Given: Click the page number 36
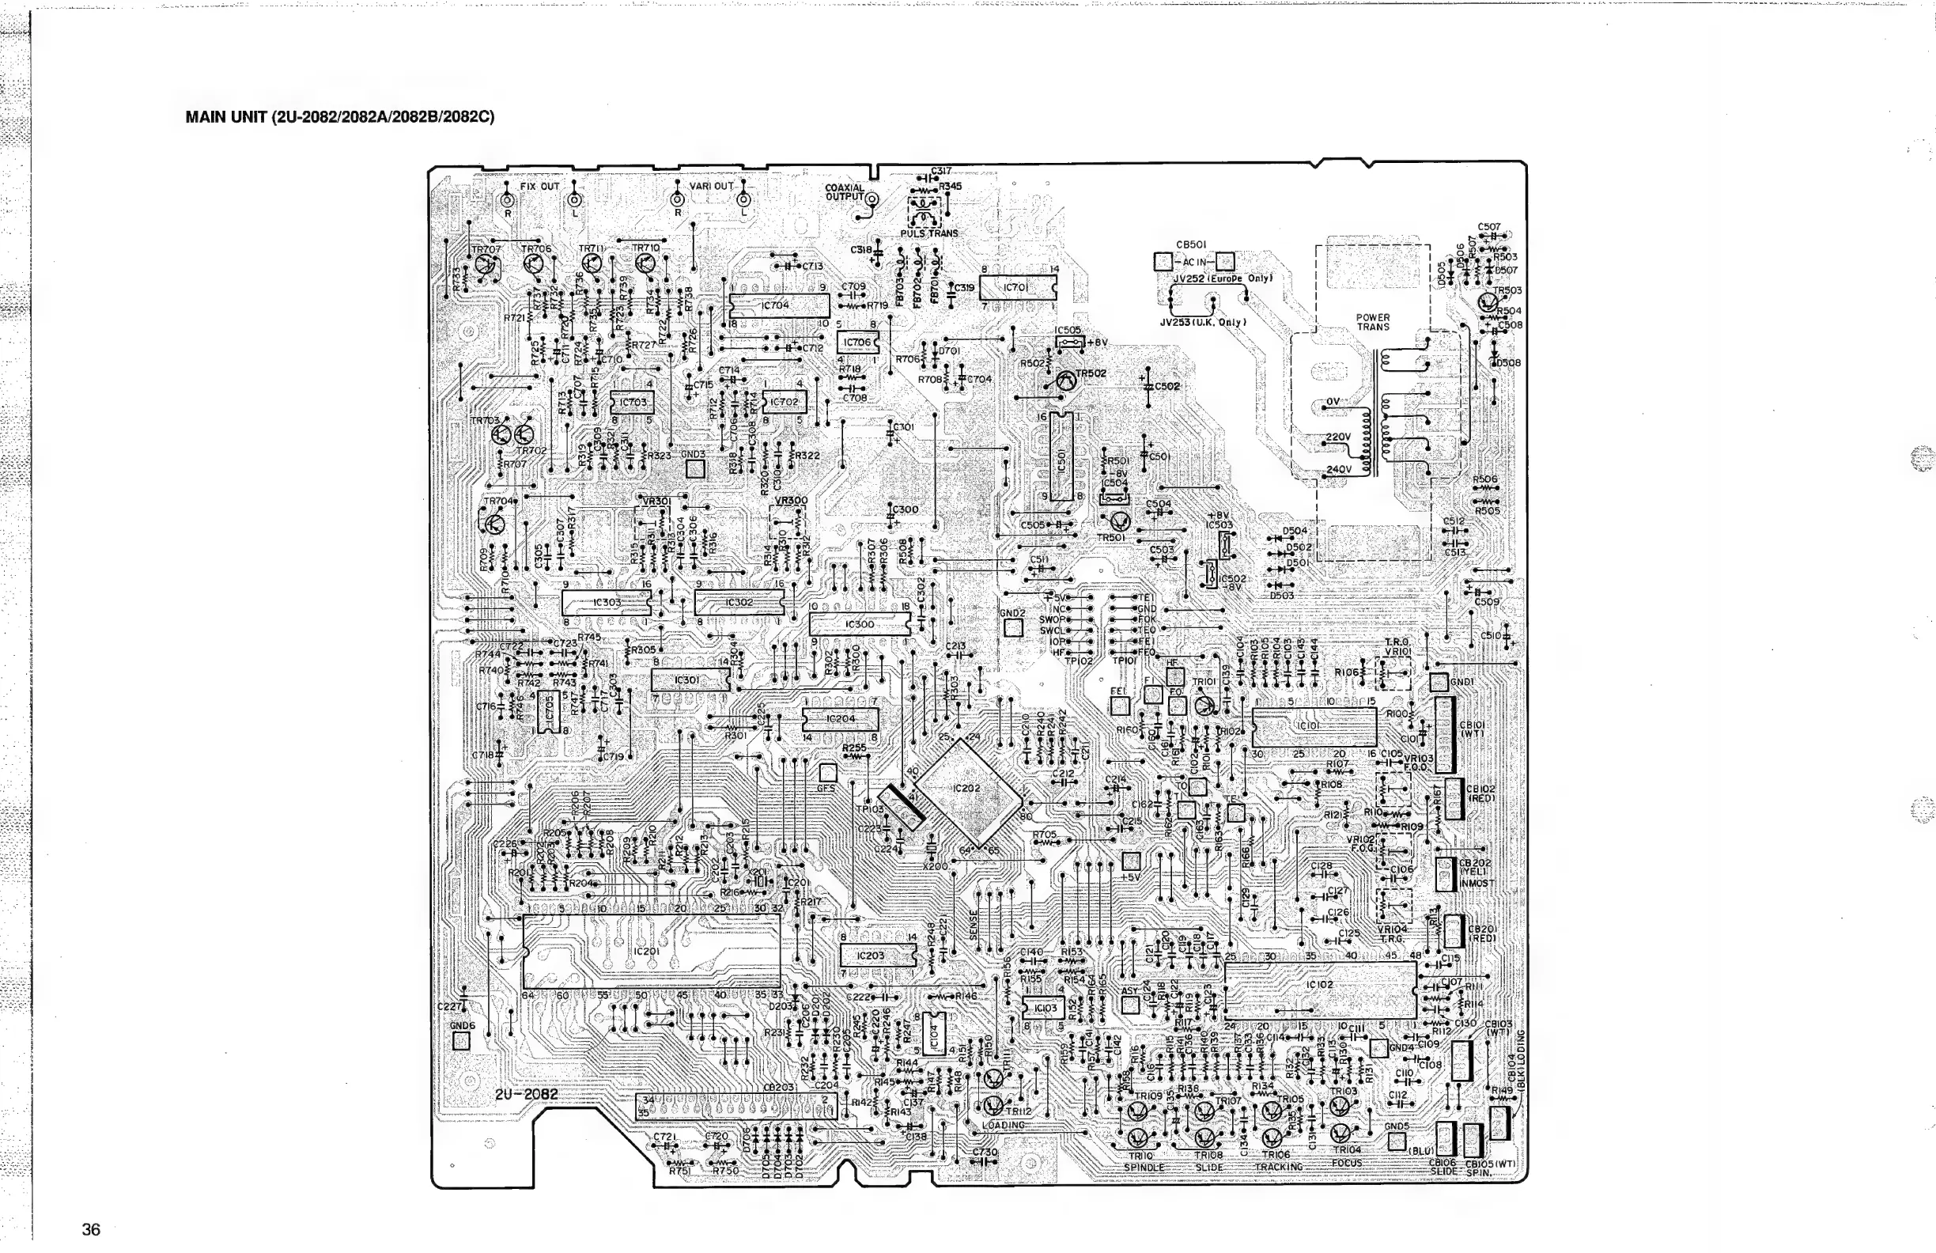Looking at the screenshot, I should click(x=91, y=1229).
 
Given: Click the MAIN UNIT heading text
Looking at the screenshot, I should click(x=339, y=117).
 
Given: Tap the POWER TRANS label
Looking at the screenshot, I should click(x=1373, y=322).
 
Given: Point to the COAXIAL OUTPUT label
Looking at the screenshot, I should click(x=845, y=192).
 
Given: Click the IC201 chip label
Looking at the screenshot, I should click(x=647, y=951).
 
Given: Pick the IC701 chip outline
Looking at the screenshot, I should click(x=1017, y=287).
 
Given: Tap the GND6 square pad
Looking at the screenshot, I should click(x=461, y=1041).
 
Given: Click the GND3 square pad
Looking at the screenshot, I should click(x=694, y=469).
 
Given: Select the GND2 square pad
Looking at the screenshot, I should click(x=1012, y=627).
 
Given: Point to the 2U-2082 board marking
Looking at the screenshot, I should click(x=526, y=1094).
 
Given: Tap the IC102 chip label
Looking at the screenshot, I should click(x=1319, y=985).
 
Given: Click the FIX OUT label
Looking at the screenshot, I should click(x=540, y=187).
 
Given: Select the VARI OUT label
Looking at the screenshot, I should click(x=711, y=187).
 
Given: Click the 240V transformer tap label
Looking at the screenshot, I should click(x=1338, y=469).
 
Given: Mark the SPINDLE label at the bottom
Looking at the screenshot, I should click(x=1144, y=1168).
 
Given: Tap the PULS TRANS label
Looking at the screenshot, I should click(x=929, y=233).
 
